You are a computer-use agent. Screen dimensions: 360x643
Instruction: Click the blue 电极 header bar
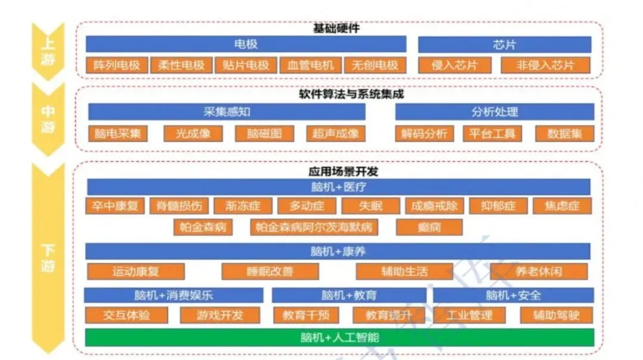pyautogui.click(x=246, y=45)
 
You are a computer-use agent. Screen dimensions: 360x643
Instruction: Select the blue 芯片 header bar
pyautogui.click(x=504, y=45)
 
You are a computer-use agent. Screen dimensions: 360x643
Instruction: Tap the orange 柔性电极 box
pyautogui.click(x=181, y=65)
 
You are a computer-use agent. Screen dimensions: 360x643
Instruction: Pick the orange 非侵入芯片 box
pyautogui.click(x=545, y=65)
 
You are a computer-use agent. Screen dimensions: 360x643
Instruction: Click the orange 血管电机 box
pyautogui.click(x=310, y=65)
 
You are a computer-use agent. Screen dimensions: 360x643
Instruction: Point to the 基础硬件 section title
pyautogui.click(x=336, y=28)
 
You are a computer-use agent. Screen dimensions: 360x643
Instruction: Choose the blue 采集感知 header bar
pyautogui.click(x=227, y=112)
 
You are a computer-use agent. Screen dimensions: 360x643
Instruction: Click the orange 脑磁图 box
pyautogui.click(x=265, y=133)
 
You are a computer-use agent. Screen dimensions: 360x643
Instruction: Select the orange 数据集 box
pyautogui.click(x=564, y=133)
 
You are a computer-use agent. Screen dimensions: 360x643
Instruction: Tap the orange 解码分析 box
pyautogui.click(x=424, y=133)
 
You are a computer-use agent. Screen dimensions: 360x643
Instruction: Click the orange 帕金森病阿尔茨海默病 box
pyautogui.click(x=314, y=227)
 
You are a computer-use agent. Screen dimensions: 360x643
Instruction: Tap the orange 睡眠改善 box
pyautogui.click(x=270, y=271)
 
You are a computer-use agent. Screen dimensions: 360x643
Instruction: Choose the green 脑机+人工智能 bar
pyautogui.click(x=339, y=337)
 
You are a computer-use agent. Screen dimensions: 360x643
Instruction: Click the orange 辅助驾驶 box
pyautogui.click(x=556, y=315)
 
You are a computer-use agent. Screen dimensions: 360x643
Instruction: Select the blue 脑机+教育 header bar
pyautogui.click(x=349, y=295)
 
